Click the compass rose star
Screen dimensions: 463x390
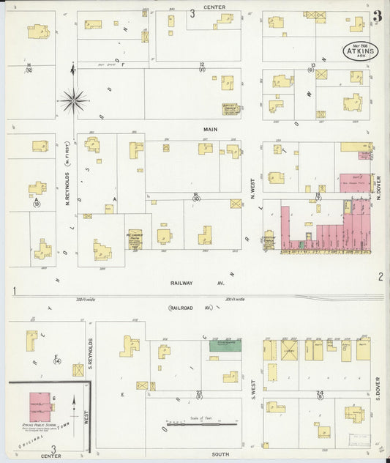[73, 100]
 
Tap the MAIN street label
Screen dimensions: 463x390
[211, 128]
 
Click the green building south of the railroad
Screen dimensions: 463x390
[225, 343]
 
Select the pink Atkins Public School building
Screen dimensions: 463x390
[40, 406]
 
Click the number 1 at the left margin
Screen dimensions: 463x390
[14, 292]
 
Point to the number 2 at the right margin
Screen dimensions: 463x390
[380, 276]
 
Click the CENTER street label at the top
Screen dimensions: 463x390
[214, 7]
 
